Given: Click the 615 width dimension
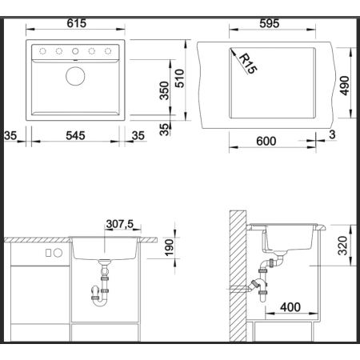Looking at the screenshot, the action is click(77, 23).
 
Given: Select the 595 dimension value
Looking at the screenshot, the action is click(270, 23).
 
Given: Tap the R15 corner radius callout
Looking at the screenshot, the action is click(248, 63).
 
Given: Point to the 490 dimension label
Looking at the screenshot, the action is click(345, 86).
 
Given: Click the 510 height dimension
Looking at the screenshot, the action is click(180, 78).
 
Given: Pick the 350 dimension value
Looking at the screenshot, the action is click(164, 90).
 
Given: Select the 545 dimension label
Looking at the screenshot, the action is click(75, 136).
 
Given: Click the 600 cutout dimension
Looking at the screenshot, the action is click(266, 141).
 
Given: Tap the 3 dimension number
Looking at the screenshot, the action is click(332, 134).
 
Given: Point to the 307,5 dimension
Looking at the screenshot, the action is click(120, 224).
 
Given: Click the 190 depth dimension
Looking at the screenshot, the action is click(169, 248).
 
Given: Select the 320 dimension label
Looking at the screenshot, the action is click(343, 246).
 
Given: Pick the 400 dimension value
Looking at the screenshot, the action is click(290, 307).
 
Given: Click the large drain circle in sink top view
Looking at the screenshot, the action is click(75, 76).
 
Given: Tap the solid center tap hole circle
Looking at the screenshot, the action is click(75, 51).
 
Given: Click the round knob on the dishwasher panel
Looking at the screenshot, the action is click(58, 253).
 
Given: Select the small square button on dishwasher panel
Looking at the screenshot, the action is click(48, 253).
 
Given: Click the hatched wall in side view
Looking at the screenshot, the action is click(238, 276).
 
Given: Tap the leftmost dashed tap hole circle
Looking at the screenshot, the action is click(42, 51).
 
